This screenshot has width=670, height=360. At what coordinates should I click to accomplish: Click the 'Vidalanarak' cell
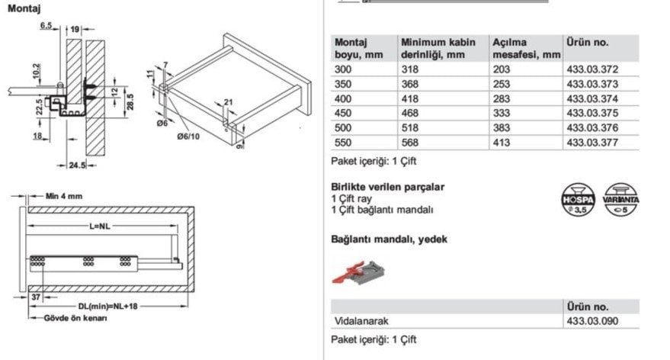click(x=358, y=322)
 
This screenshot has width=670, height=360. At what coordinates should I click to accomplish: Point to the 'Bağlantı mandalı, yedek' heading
click(x=389, y=239)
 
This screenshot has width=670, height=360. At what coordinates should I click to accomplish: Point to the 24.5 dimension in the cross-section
click(x=74, y=164)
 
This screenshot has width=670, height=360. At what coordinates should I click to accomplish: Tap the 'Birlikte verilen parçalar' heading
click(x=388, y=187)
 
